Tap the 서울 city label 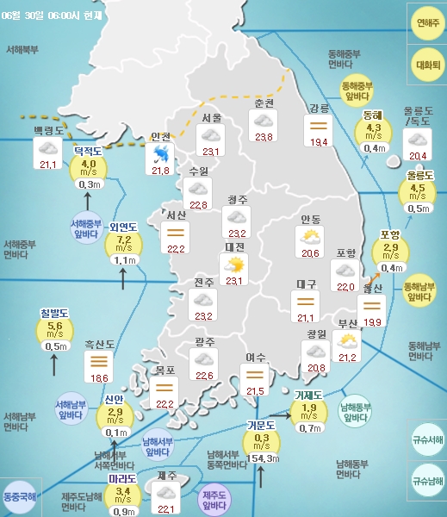[212, 117]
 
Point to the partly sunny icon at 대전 [233, 264]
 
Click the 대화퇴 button [426, 65]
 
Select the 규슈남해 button [427, 482]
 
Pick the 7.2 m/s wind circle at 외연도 [123, 241]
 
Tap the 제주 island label [168, 476]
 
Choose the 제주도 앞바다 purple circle [214, 500]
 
